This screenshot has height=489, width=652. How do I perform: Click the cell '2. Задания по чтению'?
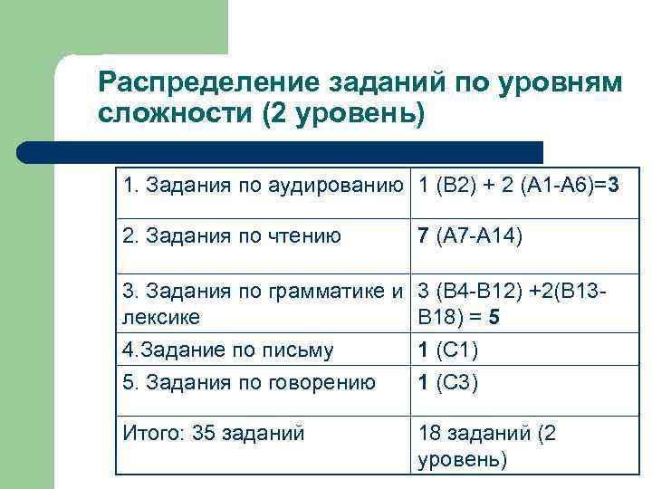pos(233,237)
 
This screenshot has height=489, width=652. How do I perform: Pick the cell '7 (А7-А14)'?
pos(469,237)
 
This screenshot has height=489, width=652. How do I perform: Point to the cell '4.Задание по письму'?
pos(228,350)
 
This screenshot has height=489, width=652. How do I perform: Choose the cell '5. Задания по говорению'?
pos(249,382)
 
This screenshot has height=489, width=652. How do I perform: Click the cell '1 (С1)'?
pos(448,350)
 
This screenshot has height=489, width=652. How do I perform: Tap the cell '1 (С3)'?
pos(448,382)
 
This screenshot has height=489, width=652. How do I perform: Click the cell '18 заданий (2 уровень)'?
pos(487,446)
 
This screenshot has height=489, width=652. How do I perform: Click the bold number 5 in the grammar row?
pos(493,318)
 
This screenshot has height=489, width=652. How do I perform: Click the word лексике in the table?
pos(161,318)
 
